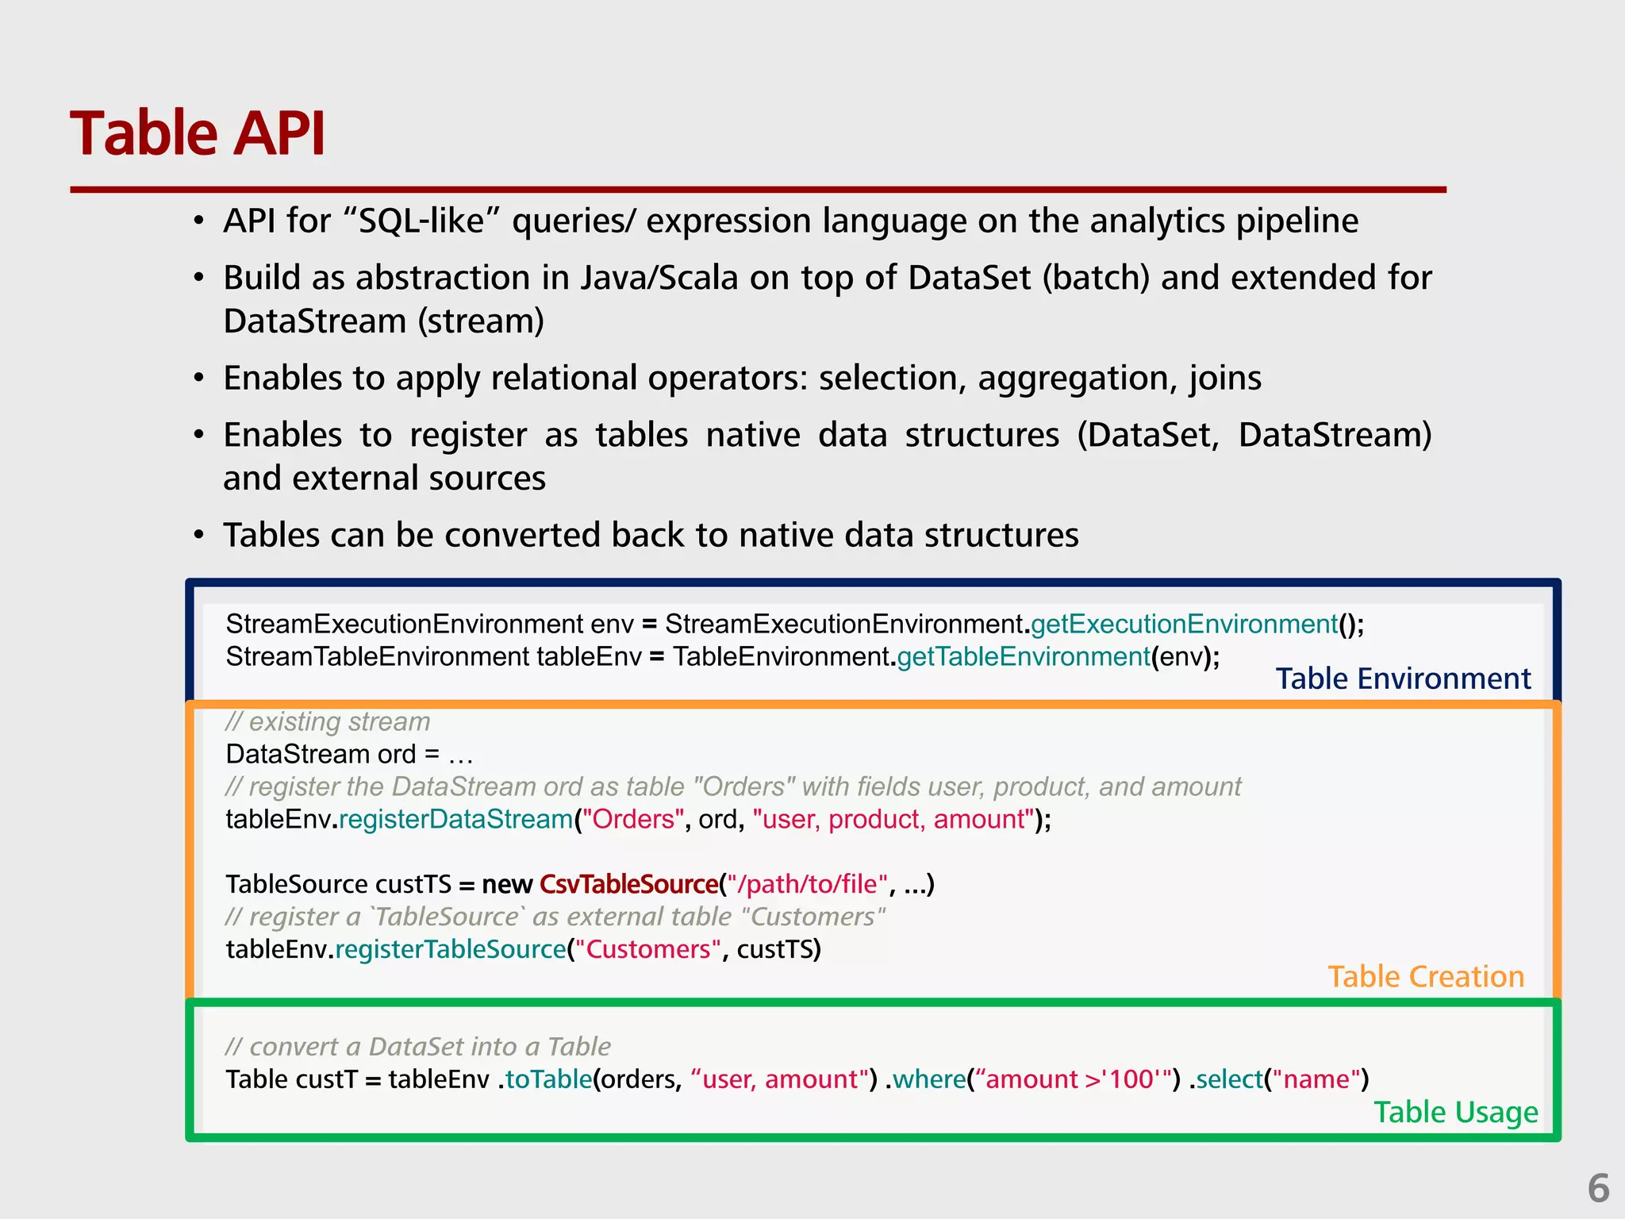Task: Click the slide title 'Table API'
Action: point(198,133)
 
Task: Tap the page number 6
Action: point(1598,1188)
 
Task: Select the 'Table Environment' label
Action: point(1403,679)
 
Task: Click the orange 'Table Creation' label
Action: point(1426,977)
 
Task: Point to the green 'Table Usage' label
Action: point(1455,1113)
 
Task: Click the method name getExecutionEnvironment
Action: point(1184,625)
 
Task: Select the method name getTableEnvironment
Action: point(1024,657)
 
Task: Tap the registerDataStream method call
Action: point(456,819)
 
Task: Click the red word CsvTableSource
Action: point(628,884)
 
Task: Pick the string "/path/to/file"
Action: point(808,884)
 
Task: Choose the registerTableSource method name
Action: point(450,949)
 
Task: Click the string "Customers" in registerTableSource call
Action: point(647,949)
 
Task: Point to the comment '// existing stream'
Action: point(328,721)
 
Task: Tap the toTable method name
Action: point(548,1079)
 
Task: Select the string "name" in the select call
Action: point(1316,1079)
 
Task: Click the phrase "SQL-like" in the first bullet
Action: point(421,221)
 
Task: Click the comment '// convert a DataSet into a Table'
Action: point(418,1047)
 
